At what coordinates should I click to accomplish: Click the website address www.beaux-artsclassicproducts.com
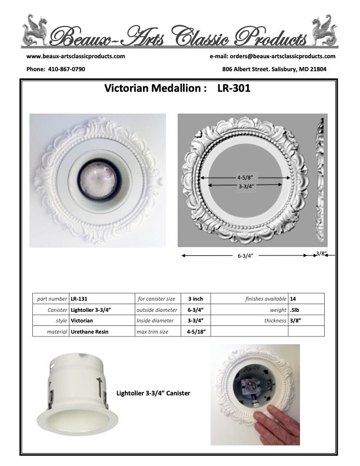pos(76,56)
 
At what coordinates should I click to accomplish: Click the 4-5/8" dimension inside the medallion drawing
pos(248,177)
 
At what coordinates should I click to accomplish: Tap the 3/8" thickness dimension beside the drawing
pos(321,254)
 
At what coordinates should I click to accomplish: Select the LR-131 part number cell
pos(79,299)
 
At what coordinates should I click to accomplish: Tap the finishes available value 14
pos(293,299)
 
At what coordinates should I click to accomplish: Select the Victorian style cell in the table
pos(82,321)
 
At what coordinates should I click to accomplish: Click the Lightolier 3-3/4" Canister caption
pos(154,392)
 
